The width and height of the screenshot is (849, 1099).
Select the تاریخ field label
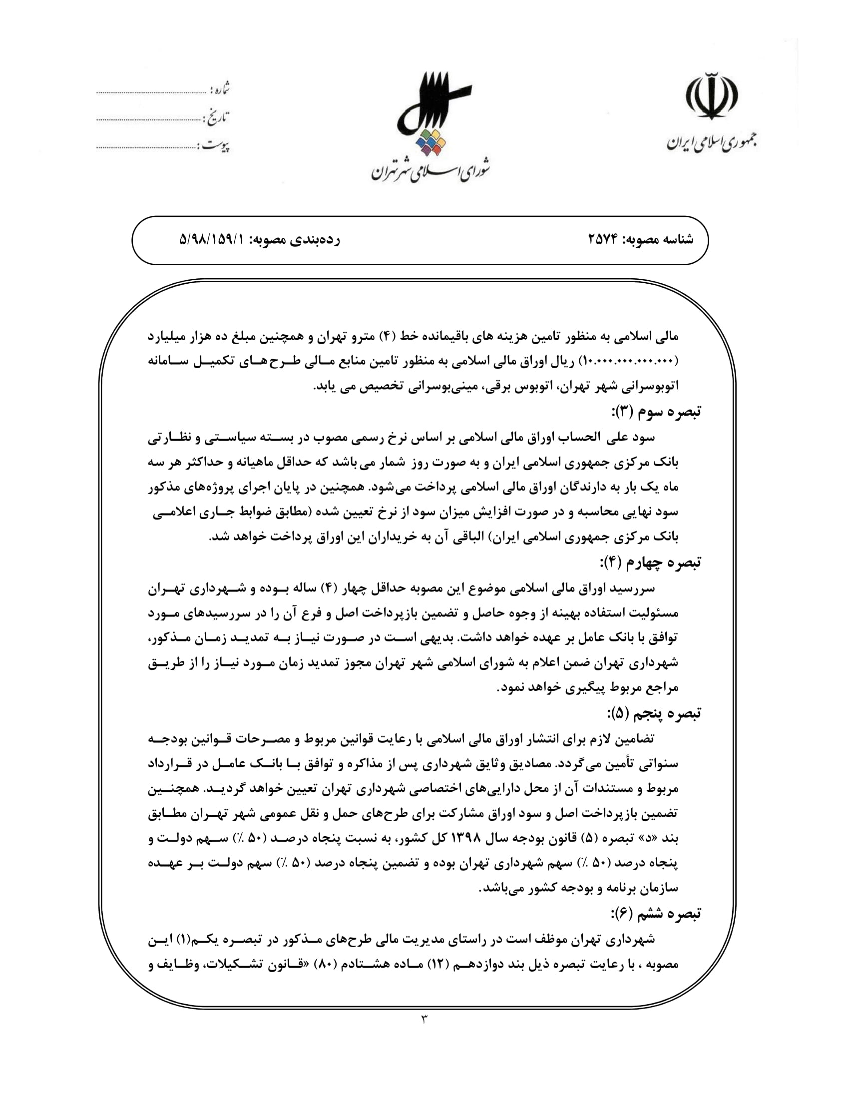point(217,118)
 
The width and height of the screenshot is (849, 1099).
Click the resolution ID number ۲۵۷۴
point(603,239)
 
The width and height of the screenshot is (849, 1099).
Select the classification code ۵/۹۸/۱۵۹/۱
point(211,239)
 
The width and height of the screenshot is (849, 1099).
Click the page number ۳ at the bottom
point(424,1019)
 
